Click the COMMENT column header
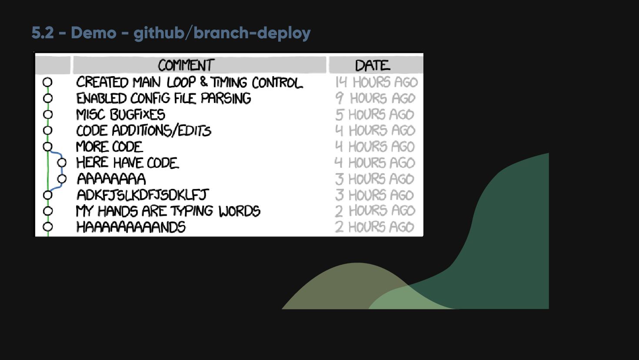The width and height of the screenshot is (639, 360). click(x=186, y=65)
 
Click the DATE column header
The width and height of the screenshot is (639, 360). click(x=373, y=65)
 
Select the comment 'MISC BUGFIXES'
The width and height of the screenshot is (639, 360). click(x=120, y=115)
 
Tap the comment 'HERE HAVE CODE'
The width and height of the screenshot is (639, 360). click(x=127, y=163)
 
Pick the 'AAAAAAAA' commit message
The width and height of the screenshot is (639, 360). click(x=111, y=179)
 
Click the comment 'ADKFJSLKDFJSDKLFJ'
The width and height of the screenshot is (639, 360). click(x=143, y=195)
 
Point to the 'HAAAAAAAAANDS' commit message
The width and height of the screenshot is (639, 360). click(x=131, y=227)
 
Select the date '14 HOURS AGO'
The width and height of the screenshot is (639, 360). click(x=376, y=82)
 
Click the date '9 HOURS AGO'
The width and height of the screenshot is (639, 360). click(x=375, y=98)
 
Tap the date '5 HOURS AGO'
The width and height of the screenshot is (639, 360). click(x=375, y=115)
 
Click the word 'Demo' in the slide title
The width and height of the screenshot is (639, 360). click(x=93, y=33)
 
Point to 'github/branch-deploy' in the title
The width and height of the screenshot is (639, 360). click(x=222, y=33)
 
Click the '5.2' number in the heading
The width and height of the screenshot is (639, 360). click(x=43, y=33)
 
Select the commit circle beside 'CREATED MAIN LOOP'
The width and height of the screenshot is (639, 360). click(x=47, y=82)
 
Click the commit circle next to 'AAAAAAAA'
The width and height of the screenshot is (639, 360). click(x=62, y=179)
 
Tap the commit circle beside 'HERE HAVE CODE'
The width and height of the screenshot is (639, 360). click(x=62, y=163)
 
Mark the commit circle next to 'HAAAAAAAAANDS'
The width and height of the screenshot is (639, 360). click(x=48, y=227)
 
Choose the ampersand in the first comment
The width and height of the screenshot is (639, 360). click(x=204, y=82)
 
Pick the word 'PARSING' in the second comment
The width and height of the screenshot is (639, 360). click(x=226, y=98)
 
